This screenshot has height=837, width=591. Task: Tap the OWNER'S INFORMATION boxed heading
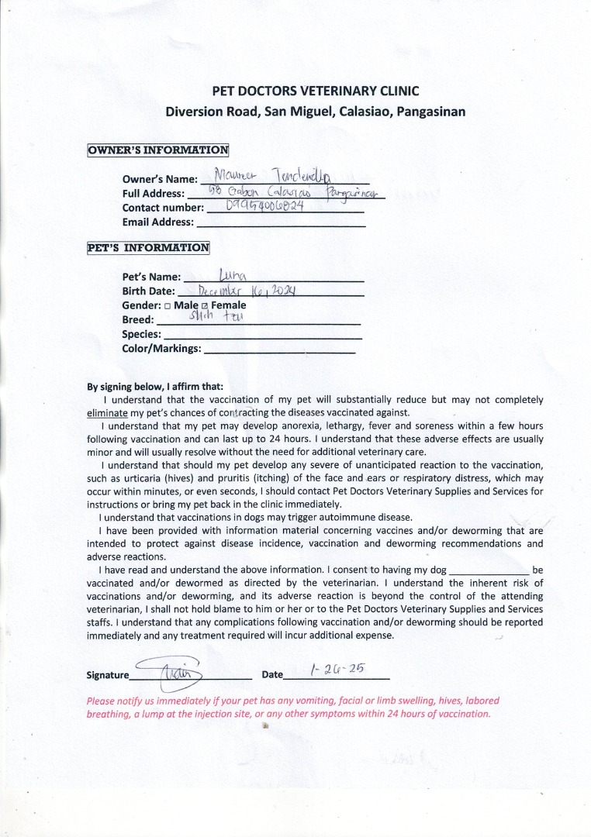coord(157,150)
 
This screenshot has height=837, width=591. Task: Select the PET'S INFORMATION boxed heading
coord(147,249)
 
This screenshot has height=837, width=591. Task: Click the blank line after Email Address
coord(281,223)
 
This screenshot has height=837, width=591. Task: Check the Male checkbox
coord(167,306)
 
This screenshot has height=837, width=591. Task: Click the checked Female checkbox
coord(205,306)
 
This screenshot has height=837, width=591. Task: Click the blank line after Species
coord(263,336)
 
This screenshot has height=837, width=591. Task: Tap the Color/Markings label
coord(161,350)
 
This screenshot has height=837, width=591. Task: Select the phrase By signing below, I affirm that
coord(155,387)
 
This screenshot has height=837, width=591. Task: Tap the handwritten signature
coord(170,670)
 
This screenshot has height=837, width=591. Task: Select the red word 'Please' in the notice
coord(102,701)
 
